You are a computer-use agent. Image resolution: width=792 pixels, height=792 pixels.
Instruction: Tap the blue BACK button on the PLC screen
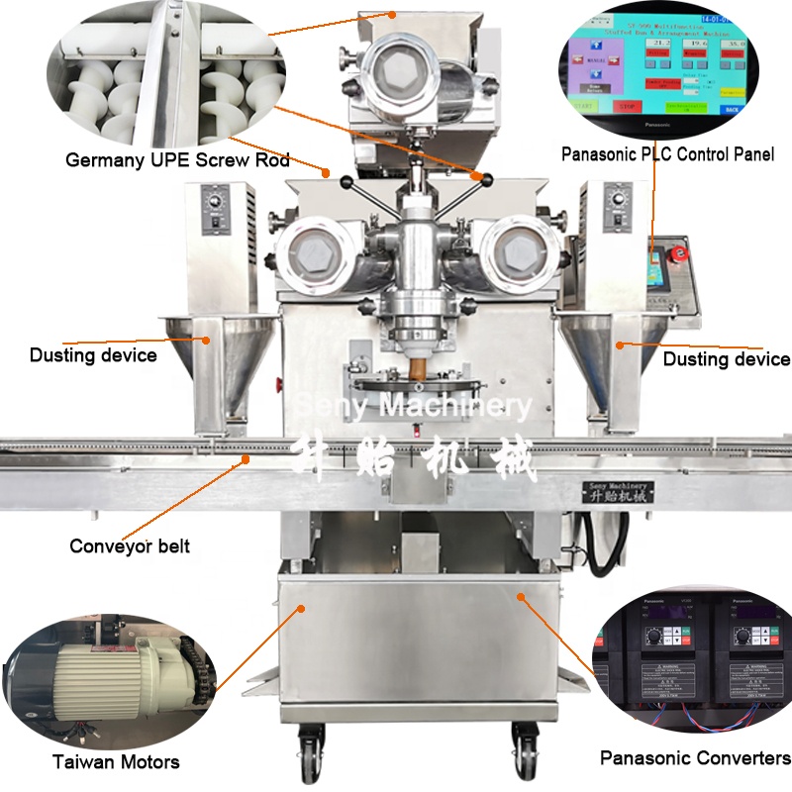pos(732,110)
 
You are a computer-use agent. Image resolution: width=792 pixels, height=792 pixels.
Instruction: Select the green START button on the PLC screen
pos(583,106)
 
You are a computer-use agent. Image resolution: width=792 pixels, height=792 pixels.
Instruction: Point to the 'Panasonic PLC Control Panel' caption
pos(667,154)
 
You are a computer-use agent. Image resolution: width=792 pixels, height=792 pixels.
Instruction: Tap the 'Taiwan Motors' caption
pos(117,762)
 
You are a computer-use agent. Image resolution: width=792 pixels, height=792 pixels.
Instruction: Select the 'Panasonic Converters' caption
pos(695,758)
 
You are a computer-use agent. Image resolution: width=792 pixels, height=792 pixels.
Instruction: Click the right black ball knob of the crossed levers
pos(486,177)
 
